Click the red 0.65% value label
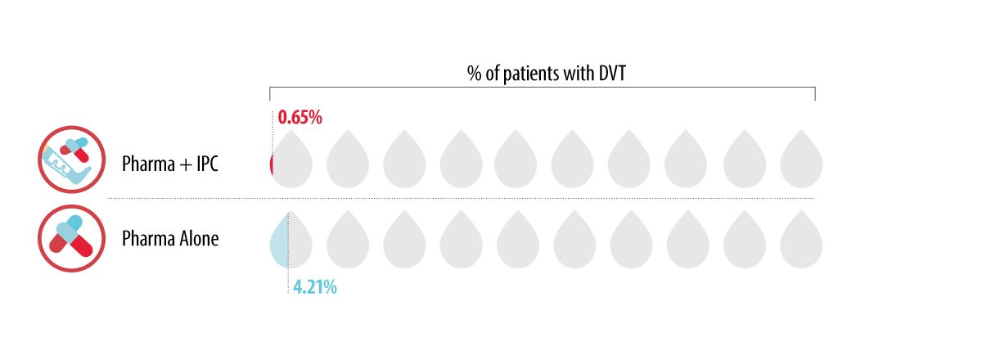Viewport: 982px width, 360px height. [300, 117]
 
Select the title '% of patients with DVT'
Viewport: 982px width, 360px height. [542, 74]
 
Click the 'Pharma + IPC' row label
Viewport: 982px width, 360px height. [170, 163]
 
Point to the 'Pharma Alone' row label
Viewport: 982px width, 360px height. [170, 239]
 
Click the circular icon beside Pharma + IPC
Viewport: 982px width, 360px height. [72, 160]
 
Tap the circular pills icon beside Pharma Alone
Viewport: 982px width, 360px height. [72, 238]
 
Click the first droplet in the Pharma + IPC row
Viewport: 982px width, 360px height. [291, 160]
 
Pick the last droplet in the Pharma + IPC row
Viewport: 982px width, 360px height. [801, 160]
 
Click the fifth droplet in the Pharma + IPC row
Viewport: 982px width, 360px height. [516, 160]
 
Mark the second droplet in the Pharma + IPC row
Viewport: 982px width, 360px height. [348, 160]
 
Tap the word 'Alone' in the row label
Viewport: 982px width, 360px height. [198, 239]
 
